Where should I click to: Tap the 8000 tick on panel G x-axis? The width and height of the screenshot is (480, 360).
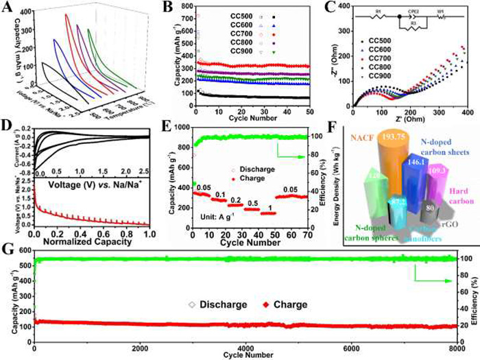(x=457, y=348)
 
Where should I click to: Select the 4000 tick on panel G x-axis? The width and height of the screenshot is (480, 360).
(x=245, y=348)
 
